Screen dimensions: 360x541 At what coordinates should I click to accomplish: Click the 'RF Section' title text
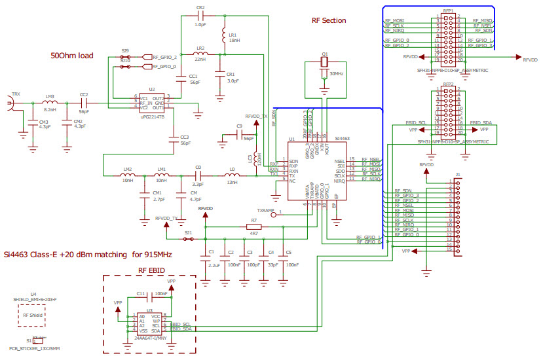[x=329, y=20]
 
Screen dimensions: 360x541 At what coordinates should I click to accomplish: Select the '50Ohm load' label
[x=71, y=56]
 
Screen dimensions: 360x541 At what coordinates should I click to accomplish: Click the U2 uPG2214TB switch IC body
[x=151, y=101]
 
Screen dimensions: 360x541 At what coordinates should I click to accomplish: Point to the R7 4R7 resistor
[x=254, y=226]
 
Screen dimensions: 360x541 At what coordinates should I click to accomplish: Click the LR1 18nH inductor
[x=224, y=35]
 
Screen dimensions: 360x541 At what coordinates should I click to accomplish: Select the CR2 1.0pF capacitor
[x=200, y=14]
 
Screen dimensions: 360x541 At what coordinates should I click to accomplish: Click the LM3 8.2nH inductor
[x=50, y=103]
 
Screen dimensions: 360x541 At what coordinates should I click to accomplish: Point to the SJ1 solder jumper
[x=189, y=239]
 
